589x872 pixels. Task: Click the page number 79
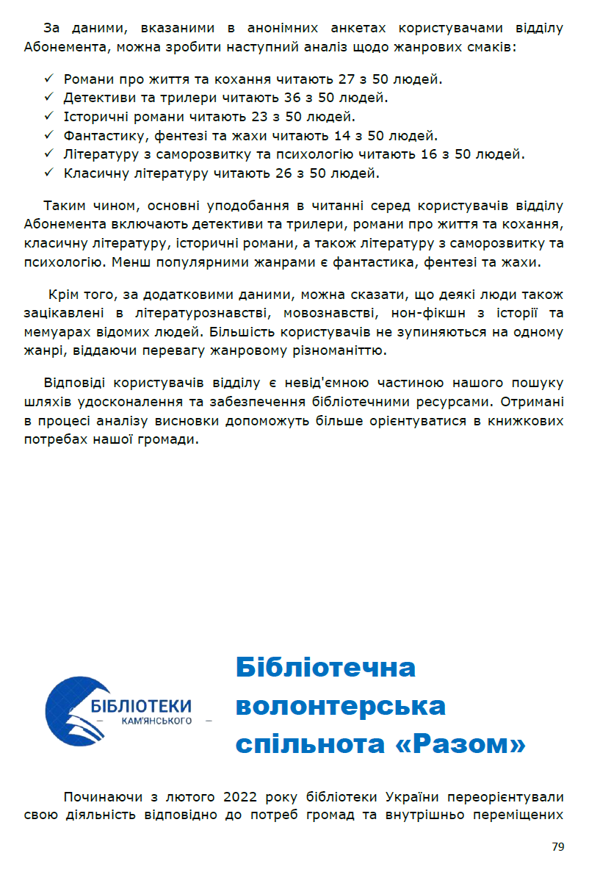tap(558, 847)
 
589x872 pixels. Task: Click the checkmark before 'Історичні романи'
tap(49, 117)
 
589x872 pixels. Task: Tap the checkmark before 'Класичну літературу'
tap(49, 174)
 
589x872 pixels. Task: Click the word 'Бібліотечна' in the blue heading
tap(325, 668)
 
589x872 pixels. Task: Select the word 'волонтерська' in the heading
tap(340, 706)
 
